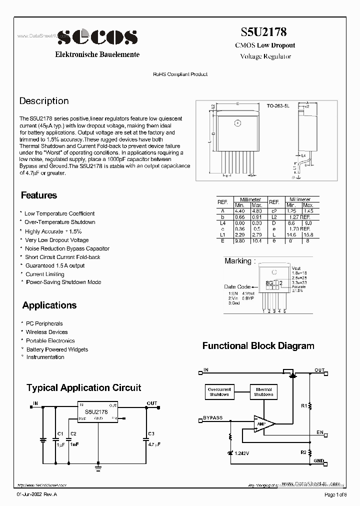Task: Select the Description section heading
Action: (44, 101)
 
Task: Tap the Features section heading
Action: (39, 195)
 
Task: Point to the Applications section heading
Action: (49, 305)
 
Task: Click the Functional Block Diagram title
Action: (258, 345)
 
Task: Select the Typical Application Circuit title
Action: (83, 387)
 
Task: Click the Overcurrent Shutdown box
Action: (219, 392)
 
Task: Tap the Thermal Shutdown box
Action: (263, 392)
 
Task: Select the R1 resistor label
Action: (303, 406)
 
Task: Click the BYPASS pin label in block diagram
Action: (213, 417)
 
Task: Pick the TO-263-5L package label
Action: (278, 106)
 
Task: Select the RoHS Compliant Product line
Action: (180, 74)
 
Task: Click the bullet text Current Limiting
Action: (45, 274)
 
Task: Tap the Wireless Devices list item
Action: (46, 332)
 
